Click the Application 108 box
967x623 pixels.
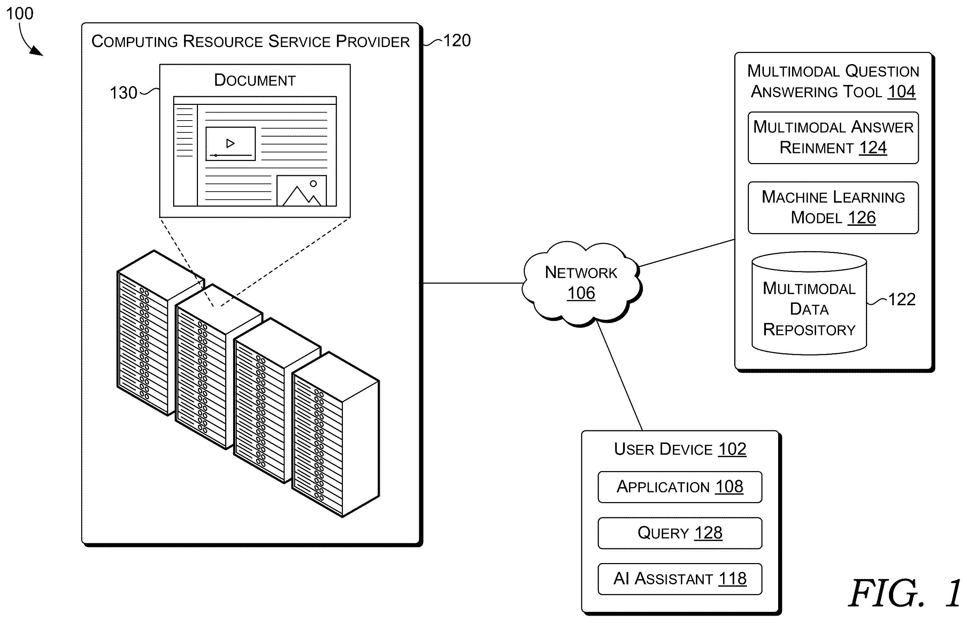(x=680, y=487)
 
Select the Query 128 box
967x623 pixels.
(x=680, y=533)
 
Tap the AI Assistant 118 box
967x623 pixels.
(x=680, y=579)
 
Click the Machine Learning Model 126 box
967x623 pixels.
(x=833, y=208)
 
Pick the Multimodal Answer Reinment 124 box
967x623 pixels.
(x=833, y=138)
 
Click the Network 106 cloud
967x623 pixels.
(x=581, y=283)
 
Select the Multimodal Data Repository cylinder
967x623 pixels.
(x=809, y=303)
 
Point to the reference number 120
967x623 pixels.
(x=457, y=40)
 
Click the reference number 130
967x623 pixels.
(x=123, y=93)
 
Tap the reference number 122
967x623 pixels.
(x=901, y=299)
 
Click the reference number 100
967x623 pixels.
(x=20, y=13)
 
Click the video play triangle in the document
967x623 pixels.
(x=231, y=143)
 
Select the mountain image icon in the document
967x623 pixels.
(x=301, y=191)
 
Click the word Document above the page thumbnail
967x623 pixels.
(x=255, y=80)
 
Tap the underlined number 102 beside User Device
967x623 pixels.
(x=732, y=449)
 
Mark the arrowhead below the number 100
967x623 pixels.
(x=38, y=51)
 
